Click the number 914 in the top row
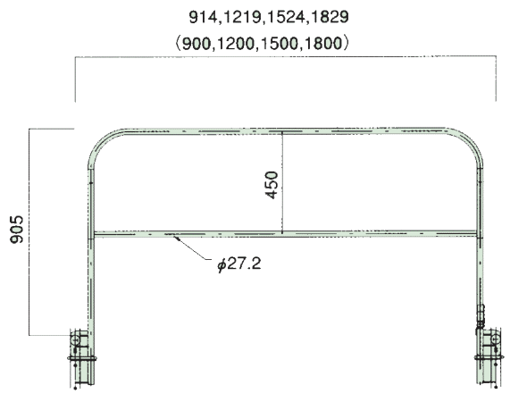pos(203,17)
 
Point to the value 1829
pos(330,17)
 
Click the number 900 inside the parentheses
pos(197,44)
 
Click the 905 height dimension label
pos(17,230)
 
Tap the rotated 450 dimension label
pos(272,185)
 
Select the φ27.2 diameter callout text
pos(239,264)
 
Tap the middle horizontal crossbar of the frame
pos(285,233)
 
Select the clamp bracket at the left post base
pos(80,358)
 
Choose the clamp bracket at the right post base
pos(489,358)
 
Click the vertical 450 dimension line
pos(282,182)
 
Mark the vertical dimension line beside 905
pos(29,232)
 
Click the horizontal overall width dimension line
pos(285,56)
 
